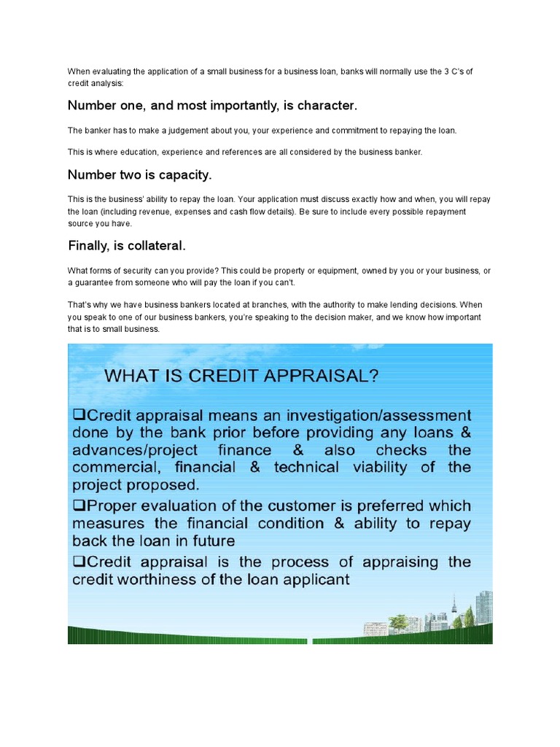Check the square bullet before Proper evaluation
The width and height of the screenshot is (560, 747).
[x=78, y=506]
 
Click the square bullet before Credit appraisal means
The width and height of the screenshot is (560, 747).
[x=78, y=414]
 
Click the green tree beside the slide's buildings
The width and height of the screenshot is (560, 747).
[x=399, y=622]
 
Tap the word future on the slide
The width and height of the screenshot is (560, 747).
[x=210, y=541]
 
